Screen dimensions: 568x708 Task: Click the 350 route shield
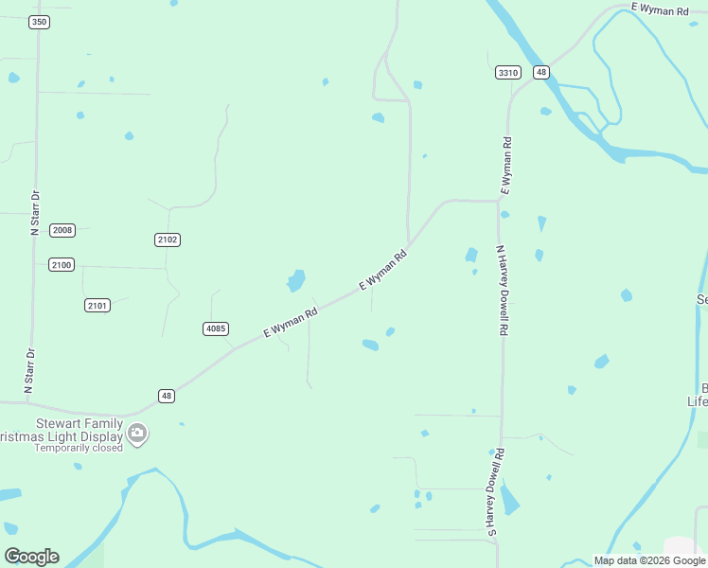click(x=39, y=22)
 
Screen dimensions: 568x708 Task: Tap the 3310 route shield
click(x=508, y=72)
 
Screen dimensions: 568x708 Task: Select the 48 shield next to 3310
click(x=540, y=72)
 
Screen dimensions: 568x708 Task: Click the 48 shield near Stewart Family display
click(x=167, y=396)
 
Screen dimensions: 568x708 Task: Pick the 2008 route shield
click(x=62, y=230)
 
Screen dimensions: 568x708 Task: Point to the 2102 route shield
click(x=168, y=240)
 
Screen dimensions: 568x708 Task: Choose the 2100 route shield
click(x=62, y=265)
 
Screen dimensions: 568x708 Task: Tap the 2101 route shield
click(x=97, y=305)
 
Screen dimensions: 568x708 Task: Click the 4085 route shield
click(x=216, y=328)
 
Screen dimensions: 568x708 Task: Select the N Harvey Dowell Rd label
click(x=504, y=292)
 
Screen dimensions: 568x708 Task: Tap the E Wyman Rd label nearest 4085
click(x=290, y=322)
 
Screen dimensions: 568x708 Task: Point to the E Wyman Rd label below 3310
click(x=506, y=166)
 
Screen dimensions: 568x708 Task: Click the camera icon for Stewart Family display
click(x=137, y=434)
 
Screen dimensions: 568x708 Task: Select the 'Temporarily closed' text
click(x=79, y=448)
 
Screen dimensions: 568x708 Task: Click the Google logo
click(x=31, y=557)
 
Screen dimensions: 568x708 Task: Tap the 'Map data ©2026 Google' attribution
click(x=649, y=560)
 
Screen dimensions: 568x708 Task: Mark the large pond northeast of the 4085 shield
click(x=296, y=280)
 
